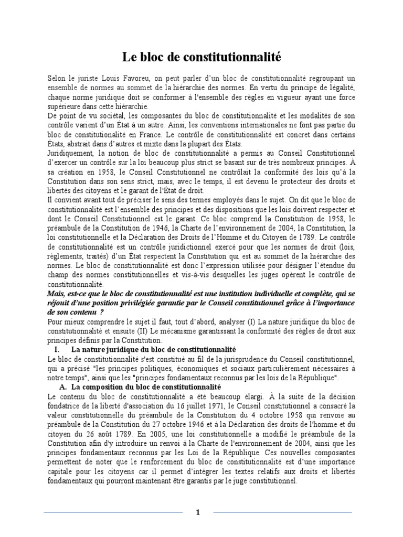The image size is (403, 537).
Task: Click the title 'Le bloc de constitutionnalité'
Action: tap(201, 56)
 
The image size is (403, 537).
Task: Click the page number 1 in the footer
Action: tap(198, 512)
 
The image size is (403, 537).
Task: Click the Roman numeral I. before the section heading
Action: tap(58, 349)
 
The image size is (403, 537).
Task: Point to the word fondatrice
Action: tap(65, 405)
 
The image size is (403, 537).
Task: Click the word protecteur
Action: tap(281, 181)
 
